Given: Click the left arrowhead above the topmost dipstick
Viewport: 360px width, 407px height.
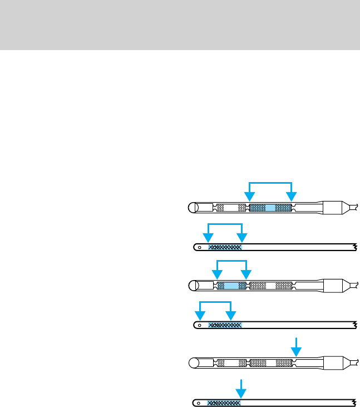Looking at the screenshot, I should pos(250,197).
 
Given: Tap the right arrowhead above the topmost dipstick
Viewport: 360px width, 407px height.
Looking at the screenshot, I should pos(291,197).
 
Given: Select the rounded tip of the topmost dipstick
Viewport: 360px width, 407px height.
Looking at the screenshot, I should pos(192,207).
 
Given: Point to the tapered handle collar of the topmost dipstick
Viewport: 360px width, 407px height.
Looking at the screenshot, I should pos(334,207).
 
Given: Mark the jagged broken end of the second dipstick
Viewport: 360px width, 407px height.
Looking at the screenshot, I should pos(354,247).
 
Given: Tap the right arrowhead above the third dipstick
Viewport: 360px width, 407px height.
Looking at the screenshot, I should pos(246,273).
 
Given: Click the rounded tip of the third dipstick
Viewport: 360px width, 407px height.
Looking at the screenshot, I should pos(192,286).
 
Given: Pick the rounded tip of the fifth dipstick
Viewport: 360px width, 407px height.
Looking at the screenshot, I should pos(192,364).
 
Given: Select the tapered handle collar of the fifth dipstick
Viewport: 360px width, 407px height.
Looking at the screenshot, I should pos(334,364).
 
